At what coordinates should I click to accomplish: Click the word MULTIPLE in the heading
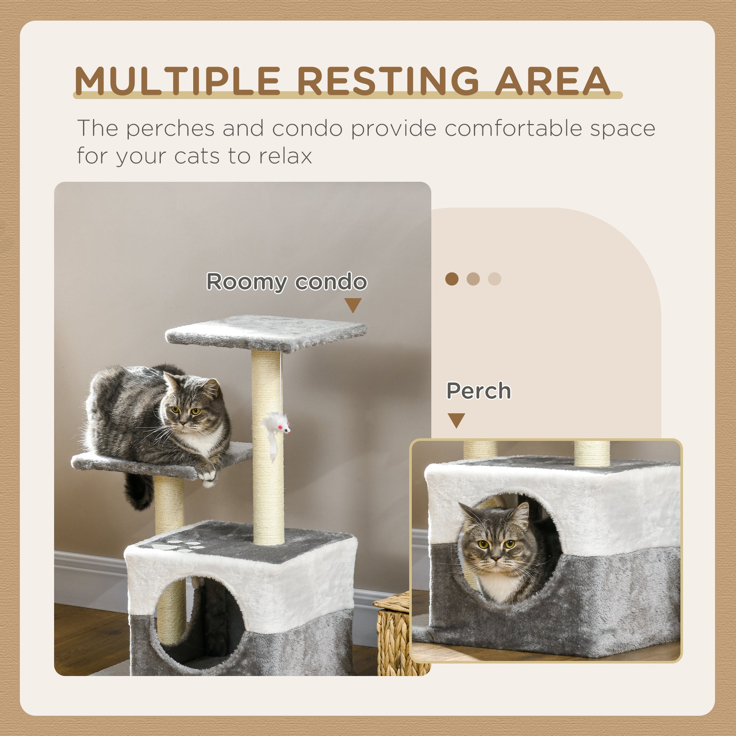[177, 81]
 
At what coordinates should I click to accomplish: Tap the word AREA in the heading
[552, 81]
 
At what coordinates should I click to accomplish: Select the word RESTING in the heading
[388, 81]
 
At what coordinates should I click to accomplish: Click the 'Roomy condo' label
[286, 282]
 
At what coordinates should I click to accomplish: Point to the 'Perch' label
[478, 391]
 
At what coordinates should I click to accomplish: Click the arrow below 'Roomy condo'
[353, 305]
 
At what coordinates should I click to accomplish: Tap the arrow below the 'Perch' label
[456, 420]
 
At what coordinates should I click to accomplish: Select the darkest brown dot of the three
[452, 279]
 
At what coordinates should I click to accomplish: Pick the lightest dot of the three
[495, 279]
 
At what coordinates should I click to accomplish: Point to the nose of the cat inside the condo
[495, 559]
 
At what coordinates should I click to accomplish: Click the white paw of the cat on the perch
[207, 476]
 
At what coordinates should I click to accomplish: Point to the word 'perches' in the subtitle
[170, 128]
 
